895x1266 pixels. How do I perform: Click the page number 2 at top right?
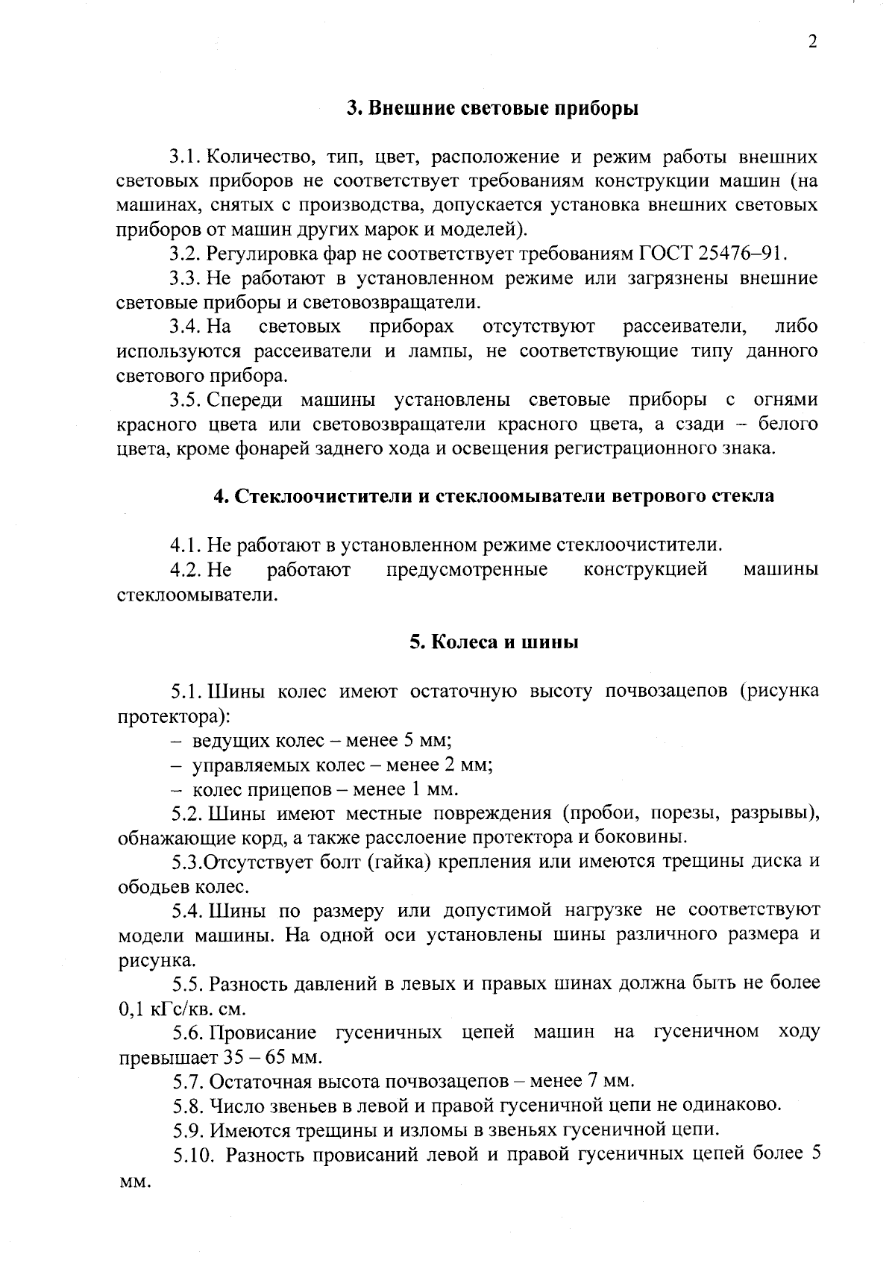click(x=813, y=41)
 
